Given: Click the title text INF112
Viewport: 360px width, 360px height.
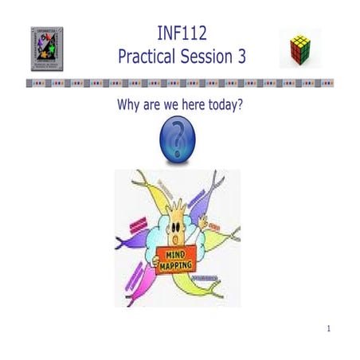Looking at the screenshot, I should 181,33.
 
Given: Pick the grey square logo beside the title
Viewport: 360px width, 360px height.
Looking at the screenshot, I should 47,49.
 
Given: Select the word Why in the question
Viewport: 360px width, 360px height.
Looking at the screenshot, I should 130,104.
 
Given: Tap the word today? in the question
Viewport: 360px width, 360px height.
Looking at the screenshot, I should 222,104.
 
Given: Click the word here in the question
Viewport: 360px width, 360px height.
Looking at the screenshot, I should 184,104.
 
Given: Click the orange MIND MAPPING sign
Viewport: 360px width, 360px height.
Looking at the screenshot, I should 177,259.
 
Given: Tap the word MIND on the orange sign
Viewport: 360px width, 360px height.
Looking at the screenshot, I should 176,253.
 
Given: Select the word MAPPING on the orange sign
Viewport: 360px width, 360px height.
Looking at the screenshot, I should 177,264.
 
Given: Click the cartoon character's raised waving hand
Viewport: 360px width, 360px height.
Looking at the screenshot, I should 203,222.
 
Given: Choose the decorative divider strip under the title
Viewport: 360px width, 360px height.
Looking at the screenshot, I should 180,82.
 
